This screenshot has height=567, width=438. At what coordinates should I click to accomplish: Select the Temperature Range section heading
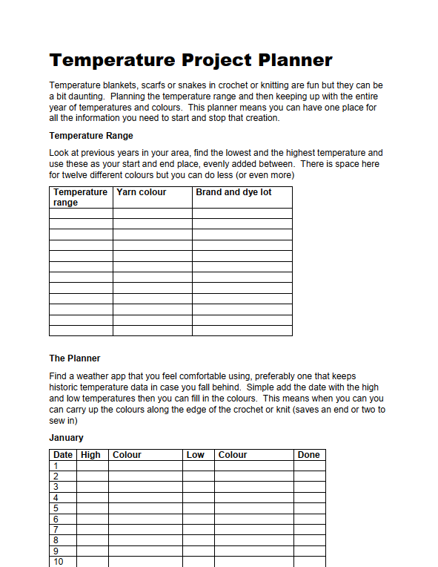tap(91, 136)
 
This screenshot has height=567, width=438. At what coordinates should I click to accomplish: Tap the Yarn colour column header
tap(142, 192)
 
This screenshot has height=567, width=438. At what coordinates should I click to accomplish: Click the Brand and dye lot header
tap(233, 192)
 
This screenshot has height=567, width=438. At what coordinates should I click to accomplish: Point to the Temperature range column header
tap(80, 197)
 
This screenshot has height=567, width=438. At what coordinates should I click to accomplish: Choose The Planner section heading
tap(75, 358)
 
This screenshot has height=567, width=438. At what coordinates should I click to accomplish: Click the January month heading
tap(66, 438)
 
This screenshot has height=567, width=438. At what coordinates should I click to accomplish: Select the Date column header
tap(63, 455)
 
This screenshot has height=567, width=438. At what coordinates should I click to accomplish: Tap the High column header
tap(90, 455)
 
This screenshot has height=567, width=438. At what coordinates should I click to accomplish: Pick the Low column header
tap(196, 455)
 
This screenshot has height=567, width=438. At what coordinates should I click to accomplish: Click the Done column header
tap(308, 455)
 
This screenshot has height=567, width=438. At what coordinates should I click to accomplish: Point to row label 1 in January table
tap(56, 466)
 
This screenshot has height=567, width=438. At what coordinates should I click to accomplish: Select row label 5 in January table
tap(56, 508)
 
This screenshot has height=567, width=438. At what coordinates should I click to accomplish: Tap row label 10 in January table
tap(58, 562)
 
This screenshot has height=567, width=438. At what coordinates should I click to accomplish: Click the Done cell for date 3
tap(308, 487)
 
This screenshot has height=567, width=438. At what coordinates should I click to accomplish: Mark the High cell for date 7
tap(92, 530)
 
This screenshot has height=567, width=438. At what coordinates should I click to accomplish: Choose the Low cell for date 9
tap(198, 551)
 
